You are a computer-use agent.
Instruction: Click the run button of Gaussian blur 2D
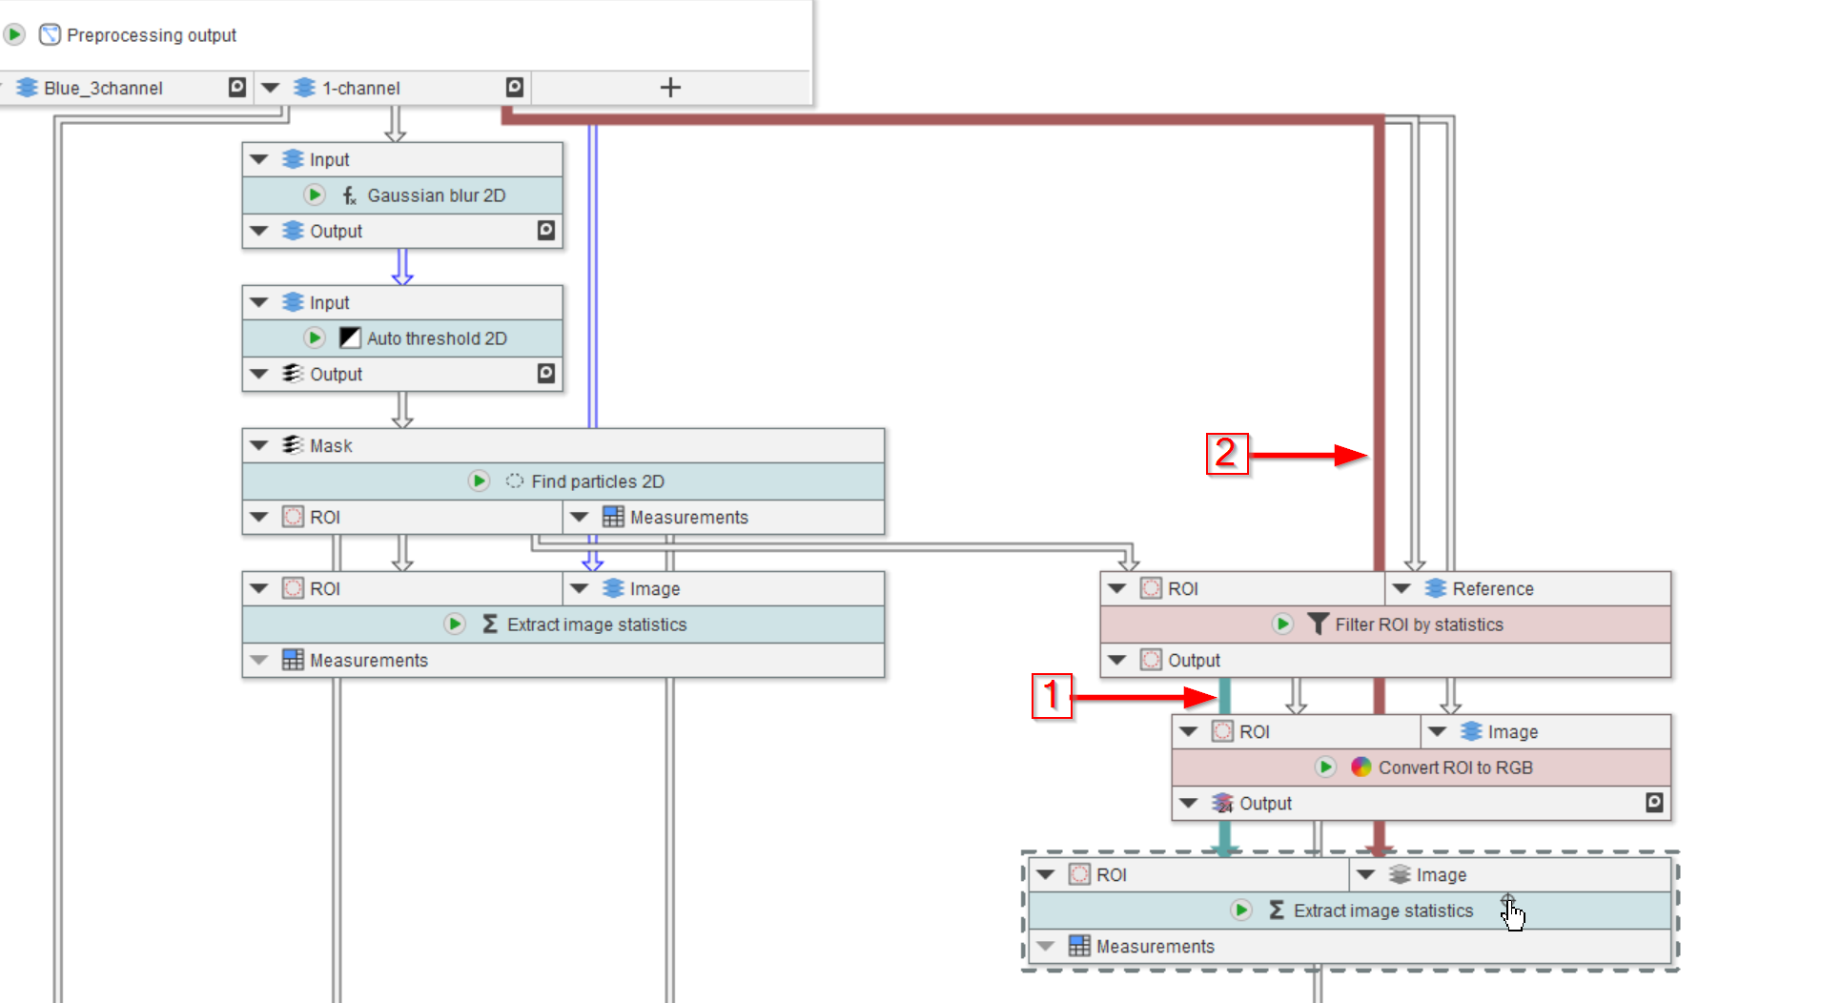pyautogui.click(x=314, y=195)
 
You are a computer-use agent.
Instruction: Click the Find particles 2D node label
pyautogui.click(x=597, y=481)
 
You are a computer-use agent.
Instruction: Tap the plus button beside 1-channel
pyautogui.click(x=670, y=88)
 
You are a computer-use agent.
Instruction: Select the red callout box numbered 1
pyautogui.click(x=1052, y=696)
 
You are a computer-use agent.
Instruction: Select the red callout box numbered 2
pyautogui.click(x=1226, y=454)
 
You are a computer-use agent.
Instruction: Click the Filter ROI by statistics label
pyautogui.click(x=1419, y=624)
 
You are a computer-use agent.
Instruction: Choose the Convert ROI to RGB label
pyautogui.click(x=1455, y=768)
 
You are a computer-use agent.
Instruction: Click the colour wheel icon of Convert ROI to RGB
pyautogui.click(x=1361, y=768)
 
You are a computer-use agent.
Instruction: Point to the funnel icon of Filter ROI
pyautogui.click(x=1318, y=624)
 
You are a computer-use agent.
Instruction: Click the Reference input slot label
pyautogui.click(x=1492, y=589)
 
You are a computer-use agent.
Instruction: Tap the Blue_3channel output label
pyautogui.click(x=103, y=89)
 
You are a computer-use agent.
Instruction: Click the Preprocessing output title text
pyautogui.click(x=151, y=35)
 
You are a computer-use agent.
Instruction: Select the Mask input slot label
pyautogui.click(x=331, y=446)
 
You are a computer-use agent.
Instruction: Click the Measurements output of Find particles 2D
pyautogui.click(x=688, y=518)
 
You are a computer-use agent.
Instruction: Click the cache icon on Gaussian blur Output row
pyautogui.click(x=545, y=231)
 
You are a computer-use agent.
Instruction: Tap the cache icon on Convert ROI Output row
pyautogui.click(x=1654, y=803)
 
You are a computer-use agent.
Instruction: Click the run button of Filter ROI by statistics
pyautogui.click(x=1282, y=624)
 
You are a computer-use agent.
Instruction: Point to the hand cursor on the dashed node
pyautogui.click(x=1512, y=913)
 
